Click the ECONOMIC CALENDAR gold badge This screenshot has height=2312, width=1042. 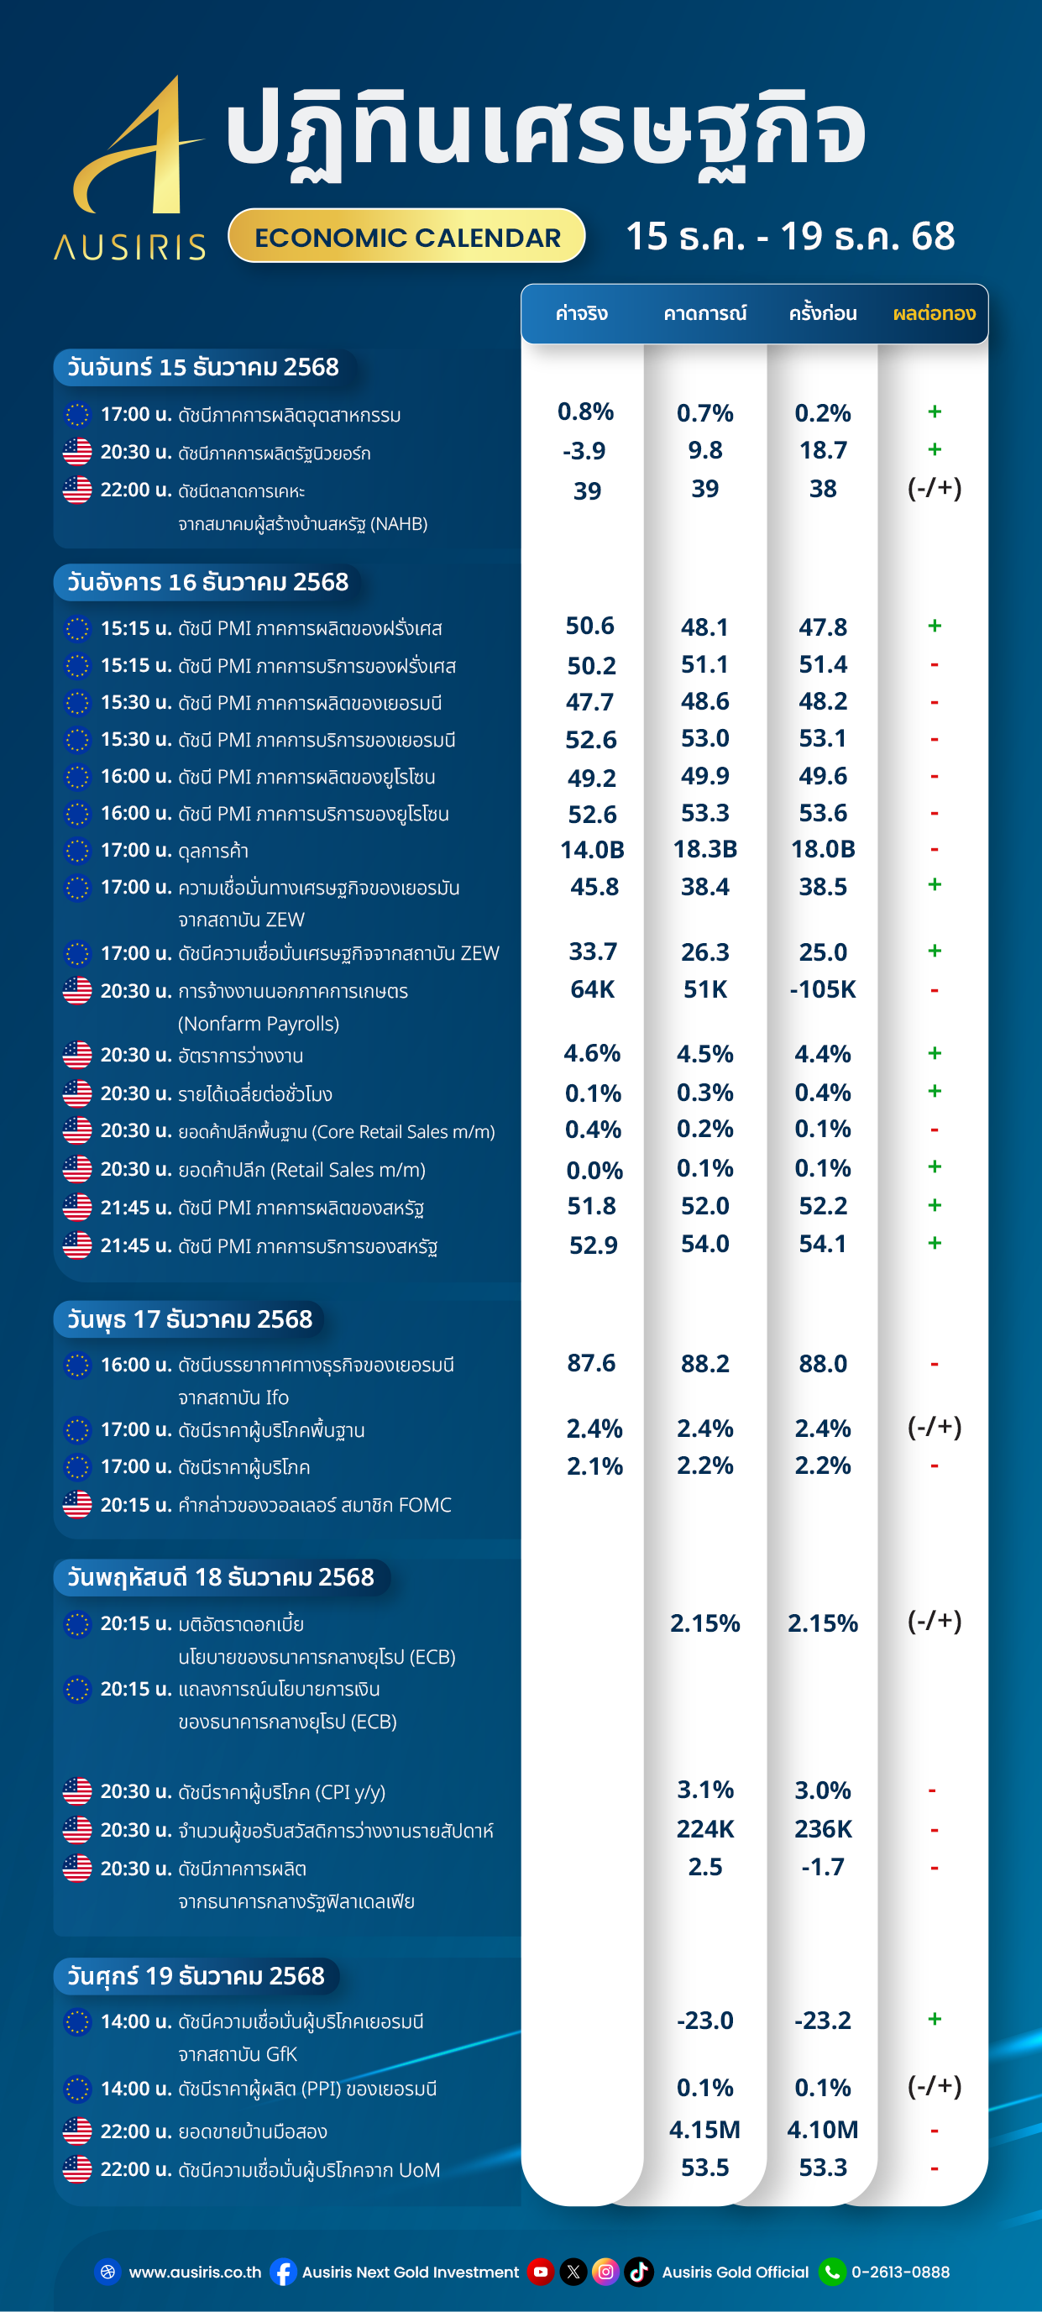coord(406,237)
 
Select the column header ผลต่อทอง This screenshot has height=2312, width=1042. coord(934,313)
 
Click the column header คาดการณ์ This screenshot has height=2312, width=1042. coord(704,313)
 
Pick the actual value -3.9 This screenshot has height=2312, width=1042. coord(584,450)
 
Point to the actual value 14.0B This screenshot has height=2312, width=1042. coord(591,849)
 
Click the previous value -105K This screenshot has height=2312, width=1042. coord(822,989)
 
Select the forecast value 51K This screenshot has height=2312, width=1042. coord(704,989)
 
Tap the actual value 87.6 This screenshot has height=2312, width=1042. coord(591,1362)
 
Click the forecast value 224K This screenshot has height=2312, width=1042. coord(704,1828)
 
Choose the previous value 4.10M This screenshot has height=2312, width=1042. coord(822,2129)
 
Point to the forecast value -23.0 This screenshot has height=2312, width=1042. coord(704,2020)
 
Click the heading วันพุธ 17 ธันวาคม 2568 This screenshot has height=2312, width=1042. coord(191,1319)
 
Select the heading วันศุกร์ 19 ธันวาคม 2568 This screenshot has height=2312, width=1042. coord(196,1975)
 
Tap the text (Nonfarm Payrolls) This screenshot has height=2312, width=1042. coord(259,1023)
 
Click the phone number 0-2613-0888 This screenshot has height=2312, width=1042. coord(900,2272)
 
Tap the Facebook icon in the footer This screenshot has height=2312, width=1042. coord(284,2272)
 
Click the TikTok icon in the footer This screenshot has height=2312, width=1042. coord(639,2272)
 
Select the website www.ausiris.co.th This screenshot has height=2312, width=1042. coord(195,2272)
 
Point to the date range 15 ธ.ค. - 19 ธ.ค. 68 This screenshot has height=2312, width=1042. coord(790,236)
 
